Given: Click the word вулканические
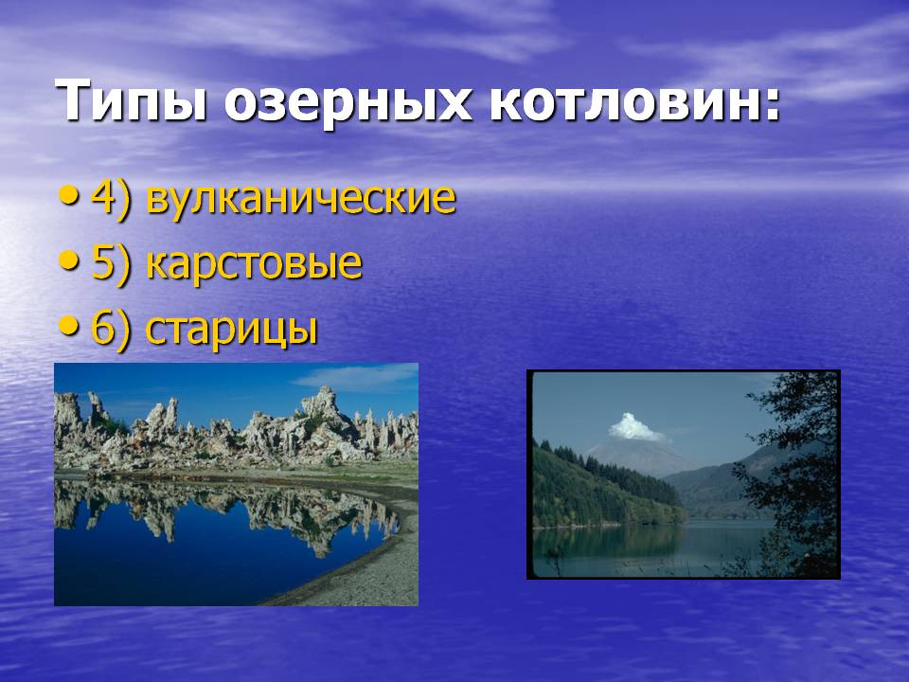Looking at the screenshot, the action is tap(301, 198).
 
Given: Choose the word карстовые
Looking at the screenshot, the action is tap(255, 263).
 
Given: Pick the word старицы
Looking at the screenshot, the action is tap(232, 330).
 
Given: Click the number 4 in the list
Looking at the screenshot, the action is tap(103, 197).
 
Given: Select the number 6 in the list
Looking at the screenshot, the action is tap(103, 329).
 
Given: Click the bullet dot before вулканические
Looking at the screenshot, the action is tap(68, 197).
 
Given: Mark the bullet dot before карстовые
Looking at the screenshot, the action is tap(68, 262).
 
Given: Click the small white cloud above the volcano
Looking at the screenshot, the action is tap(634, 427).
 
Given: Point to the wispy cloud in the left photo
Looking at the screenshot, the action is tap(358, 378).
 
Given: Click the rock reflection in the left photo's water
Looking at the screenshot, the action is tap(232, 511).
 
